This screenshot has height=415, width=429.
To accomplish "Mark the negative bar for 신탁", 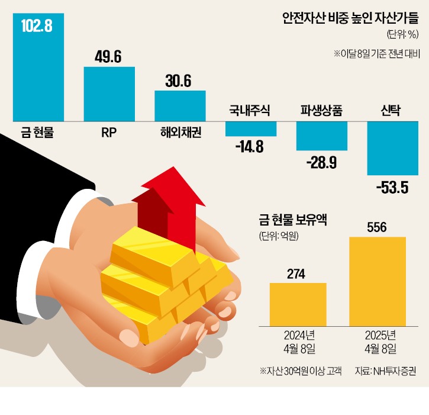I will tap(393, 147).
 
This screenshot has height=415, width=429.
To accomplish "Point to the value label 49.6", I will tap(109, 56).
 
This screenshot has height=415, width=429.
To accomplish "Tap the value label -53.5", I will tap(392, 188).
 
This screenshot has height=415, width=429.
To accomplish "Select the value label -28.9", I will tap(322, 162).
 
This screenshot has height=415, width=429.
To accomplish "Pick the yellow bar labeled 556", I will tap(377, 281).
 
